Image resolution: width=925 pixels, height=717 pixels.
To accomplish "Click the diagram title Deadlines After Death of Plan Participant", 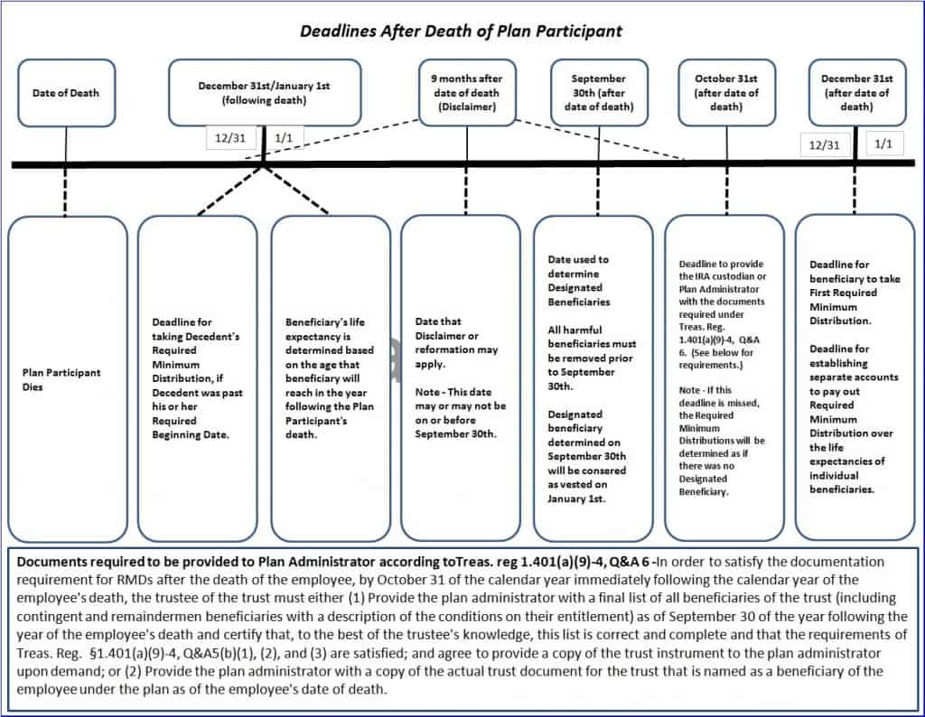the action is click(461, 31).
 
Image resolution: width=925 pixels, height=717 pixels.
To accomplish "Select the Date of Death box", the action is click(66, 93).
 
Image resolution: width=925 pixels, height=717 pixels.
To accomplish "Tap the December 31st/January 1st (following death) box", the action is click(265, 93).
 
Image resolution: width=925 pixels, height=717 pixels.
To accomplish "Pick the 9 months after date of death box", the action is click(467, 93).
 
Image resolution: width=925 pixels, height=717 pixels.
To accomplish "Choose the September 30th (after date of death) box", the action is click(599, 93).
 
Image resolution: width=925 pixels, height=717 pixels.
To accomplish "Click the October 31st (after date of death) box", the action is click(726, 93).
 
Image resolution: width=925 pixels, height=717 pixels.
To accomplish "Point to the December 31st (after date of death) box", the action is click(856, 93).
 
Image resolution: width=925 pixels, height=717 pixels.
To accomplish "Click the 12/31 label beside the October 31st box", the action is click(824, 144).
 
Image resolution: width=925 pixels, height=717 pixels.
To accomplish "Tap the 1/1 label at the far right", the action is click(883, 144).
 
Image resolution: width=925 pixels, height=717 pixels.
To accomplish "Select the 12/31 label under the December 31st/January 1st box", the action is click(230, 138).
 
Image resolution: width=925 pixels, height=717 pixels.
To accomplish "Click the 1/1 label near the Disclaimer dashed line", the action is click(284, 138).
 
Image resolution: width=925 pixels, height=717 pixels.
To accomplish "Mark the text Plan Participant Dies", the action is click(61, 380).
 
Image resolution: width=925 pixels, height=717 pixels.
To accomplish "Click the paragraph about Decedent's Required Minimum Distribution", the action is click(197, 378).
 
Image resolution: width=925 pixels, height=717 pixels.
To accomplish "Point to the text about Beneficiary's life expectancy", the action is click(329, 378).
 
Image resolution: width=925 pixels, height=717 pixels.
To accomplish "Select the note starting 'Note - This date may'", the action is click(460, 413).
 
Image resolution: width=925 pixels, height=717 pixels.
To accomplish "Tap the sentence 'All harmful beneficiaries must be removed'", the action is click(592, 358).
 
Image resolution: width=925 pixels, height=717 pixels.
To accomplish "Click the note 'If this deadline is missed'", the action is click(722, 441).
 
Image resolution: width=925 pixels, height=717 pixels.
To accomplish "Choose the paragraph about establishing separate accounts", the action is click(854, 419).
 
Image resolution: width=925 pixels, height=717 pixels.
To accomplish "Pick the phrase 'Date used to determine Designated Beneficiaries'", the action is click(578, 281).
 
